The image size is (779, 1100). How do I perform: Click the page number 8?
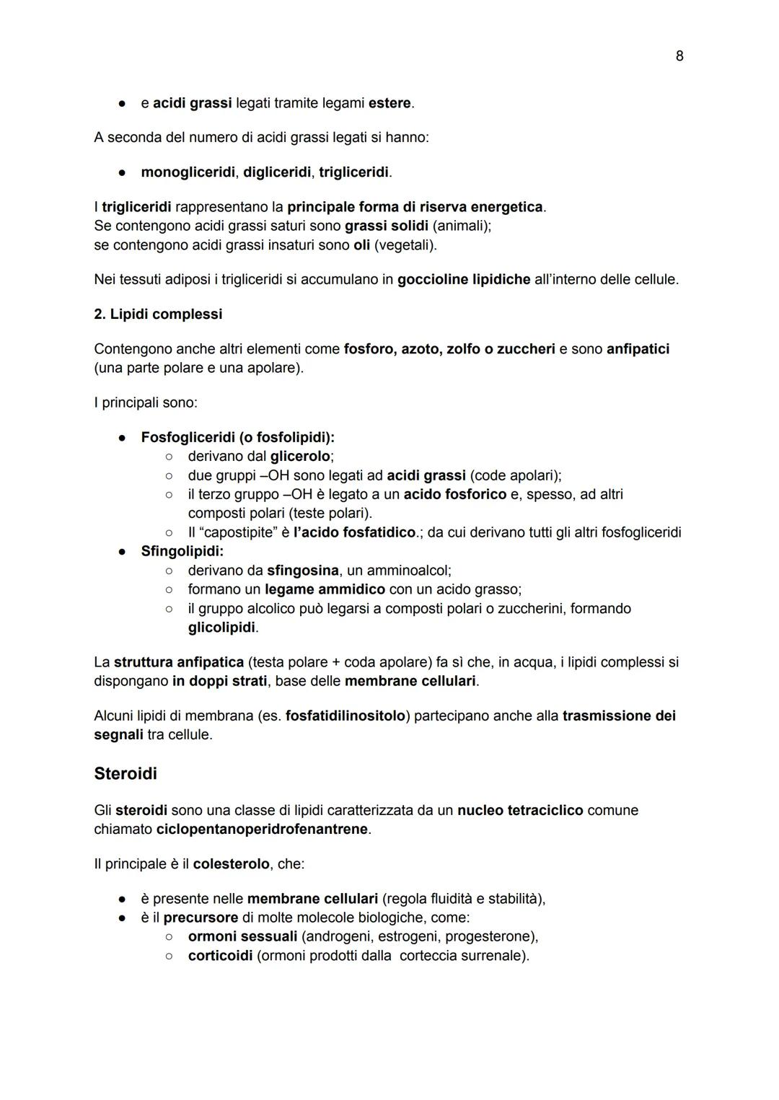(679, 56)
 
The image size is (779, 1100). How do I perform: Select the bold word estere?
(389, 103)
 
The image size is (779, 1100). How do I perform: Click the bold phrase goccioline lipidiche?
(464, 279)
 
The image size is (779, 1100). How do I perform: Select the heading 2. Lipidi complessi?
(158, 314)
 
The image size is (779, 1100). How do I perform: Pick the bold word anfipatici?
(638, 349)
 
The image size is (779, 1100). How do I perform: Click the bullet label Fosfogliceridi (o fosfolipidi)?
(237, 437)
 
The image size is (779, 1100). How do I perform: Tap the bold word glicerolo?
(300, 457)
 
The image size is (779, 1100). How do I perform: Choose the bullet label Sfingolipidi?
(182, 551)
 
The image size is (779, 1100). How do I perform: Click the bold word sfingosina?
(302, 571)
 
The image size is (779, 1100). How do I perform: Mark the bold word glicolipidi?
(221, 628)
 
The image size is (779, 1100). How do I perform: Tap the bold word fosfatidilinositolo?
(345, 716)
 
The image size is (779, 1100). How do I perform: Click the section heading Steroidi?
(126, 774)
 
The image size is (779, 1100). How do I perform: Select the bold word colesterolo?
(232, 864)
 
